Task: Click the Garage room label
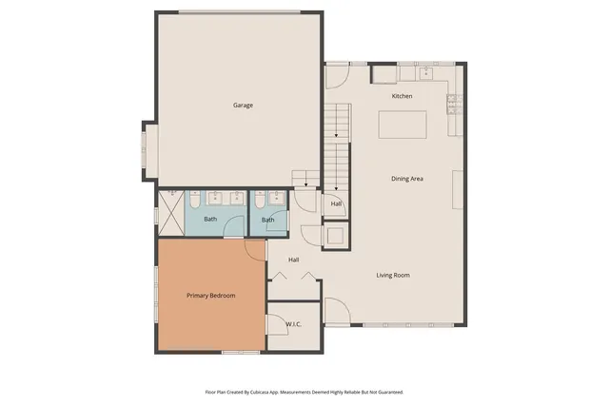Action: [x=243, y=105]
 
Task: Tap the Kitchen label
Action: [x=402, y=96]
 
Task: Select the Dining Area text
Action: [x=407, y=179]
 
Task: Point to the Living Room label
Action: [x=393, y=275]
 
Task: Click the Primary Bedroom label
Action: [x=210, y=296]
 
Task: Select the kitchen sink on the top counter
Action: [x=426, y=72]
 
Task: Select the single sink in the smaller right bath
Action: [x=276, y=198]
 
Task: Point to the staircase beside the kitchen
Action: [x=338, y=143]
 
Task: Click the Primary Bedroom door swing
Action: [x=255, y=249]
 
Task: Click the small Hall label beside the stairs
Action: [x=336, y=203]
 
